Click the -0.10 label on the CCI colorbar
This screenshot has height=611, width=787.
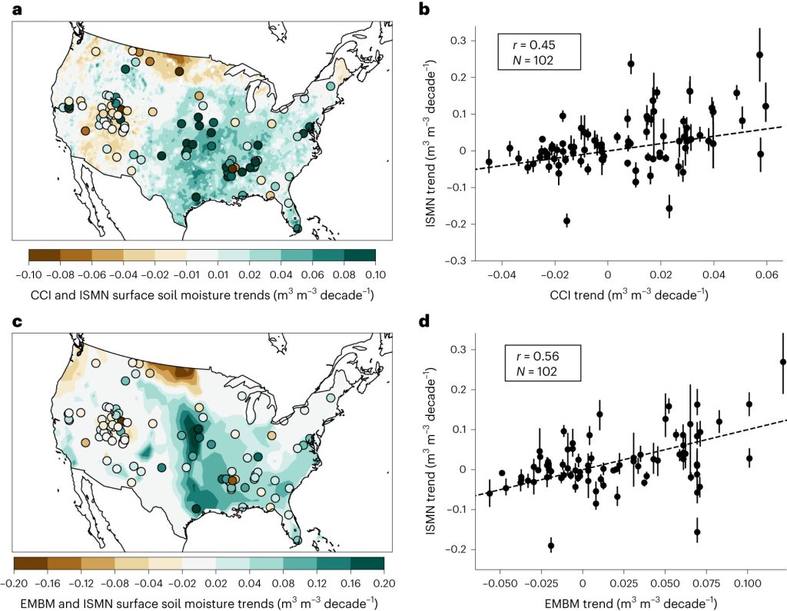click(28, 273)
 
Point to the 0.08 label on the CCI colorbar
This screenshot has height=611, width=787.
click(344, 273)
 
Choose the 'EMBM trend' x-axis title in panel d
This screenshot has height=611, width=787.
click(607, 601)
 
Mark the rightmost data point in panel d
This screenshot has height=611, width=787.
click(782, 361)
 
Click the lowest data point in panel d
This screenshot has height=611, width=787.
click(551, 546)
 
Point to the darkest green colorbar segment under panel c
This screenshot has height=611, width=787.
click(367, 563)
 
